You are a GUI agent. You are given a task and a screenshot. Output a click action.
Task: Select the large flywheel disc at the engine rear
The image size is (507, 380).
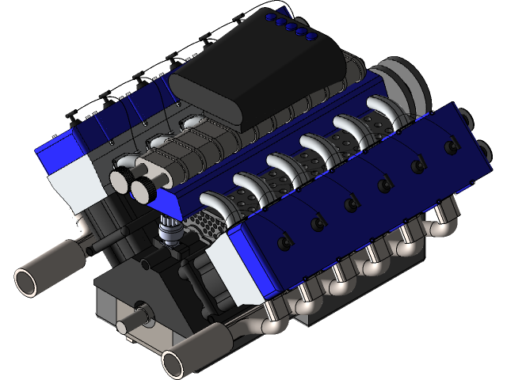click(407, 78)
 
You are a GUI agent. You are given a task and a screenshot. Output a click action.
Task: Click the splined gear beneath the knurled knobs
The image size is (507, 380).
click(168, 232)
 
